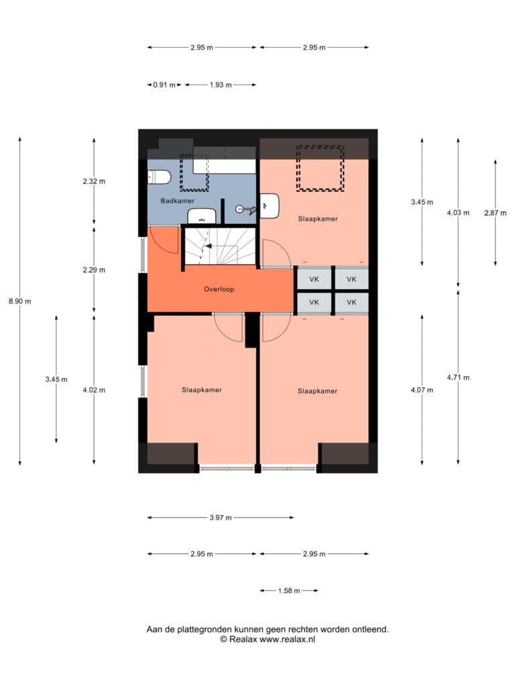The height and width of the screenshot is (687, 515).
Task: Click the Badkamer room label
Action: tap(177, 201)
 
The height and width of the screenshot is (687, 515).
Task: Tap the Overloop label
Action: tap(219, 289)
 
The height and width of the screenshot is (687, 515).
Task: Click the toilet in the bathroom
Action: tap(158, 177)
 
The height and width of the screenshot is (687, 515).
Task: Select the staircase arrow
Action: tap(209, 246)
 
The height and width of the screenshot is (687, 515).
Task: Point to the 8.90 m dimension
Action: tap(19, 301)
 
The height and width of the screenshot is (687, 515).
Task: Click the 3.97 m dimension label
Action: tap(221, 517)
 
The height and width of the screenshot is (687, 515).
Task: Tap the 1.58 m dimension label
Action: tap(289, 590)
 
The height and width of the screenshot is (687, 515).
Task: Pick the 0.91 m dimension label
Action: tap(164, 85)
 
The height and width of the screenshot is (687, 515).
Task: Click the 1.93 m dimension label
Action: tap(221, 85)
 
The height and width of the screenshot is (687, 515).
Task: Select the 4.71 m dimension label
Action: tap(458, 377)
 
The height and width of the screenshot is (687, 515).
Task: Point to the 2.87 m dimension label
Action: tap(496, 213)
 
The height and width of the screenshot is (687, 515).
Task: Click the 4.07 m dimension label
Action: tap(422, 390)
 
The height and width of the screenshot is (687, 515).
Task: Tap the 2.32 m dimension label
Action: tap(94, 181)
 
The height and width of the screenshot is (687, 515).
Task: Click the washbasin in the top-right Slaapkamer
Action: tap(270, 206)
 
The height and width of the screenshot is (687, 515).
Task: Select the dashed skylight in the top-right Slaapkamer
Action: tap(320, 168)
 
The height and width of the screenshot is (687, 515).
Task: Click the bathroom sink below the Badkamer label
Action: tap(202, 216)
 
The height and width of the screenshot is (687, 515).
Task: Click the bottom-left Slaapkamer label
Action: tap(202, 390)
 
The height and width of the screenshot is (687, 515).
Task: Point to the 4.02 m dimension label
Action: tap(94, 390)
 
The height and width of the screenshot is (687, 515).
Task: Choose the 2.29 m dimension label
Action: tap(94, 270)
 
